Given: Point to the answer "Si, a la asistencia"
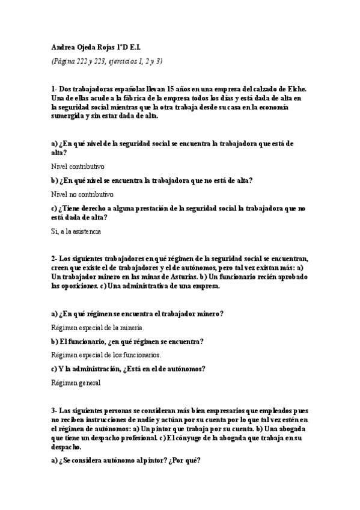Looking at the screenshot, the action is (x=76, y=230).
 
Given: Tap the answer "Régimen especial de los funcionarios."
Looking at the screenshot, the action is (x=106, y=355).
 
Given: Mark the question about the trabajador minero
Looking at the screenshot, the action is (x=138, y=313).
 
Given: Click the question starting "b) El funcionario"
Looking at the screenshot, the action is (x=127, y=341).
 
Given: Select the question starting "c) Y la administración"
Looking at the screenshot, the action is (x=129, y=369).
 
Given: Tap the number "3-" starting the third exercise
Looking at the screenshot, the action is (x=55, y=410).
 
